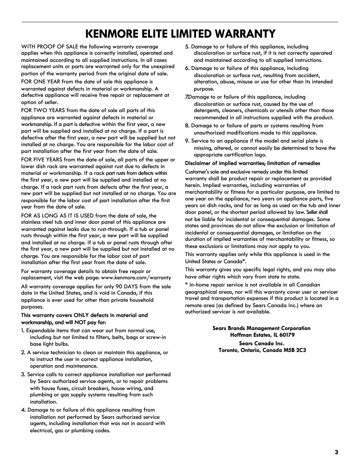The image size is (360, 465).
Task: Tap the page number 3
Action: click(336, 452)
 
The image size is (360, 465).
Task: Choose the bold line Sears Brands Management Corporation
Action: click(261, 328)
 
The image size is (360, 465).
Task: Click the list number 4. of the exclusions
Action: click(24, 410)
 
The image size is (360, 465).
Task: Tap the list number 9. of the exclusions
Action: click(188, 141)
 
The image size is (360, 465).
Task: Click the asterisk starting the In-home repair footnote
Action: click(186, 285)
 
